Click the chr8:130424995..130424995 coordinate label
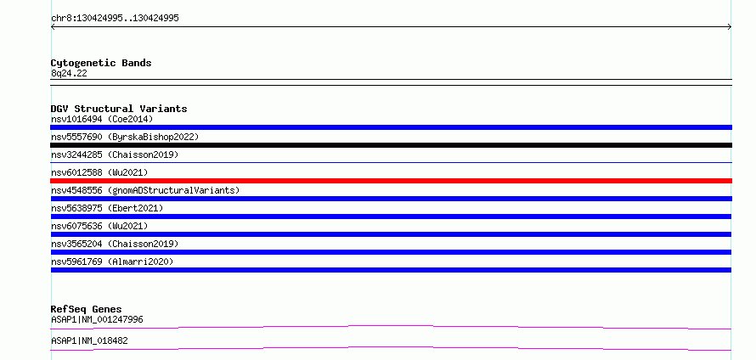pyautogui.click(x=115, y=19)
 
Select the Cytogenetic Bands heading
pyautogui.click(x=101, y=63)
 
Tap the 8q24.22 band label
pyautogui.click(x=69, y=74)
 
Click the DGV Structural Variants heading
pyautogui.click(x=119, y=109)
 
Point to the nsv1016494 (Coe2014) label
pyautogui.click(x=102, y=119)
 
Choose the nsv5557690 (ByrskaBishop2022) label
pyautogui.click(x=125, y=137)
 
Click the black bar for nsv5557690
pyautogui.click(x=391, y=145)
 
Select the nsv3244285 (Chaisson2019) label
pyautogui.click(x=115, y=155)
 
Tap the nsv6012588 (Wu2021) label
pyautogui.click(x=99, y=172)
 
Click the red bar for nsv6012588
pyautogui.click(x=391, y=181)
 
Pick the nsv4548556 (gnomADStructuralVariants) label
pyautogui.click(x=145, y=190)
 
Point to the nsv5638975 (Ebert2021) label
pyautogui.click(x=107, y=208)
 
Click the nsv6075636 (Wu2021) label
pyautogui.click(x=99, y=226)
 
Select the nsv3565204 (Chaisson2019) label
pyautogui.click(x=115, y=244)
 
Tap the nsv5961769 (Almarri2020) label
pyautogui.click(x=112, y=262)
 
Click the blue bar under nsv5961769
pyautogui.click(x=391, y=270)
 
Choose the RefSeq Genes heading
pyautogui.click(x=87, y=309)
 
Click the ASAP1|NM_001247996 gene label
pyautogui.click(x=97, y=320)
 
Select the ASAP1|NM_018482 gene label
pyautogui.click(x=89, y=341)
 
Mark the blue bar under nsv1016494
pyautogui.click(x=391, y=127)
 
